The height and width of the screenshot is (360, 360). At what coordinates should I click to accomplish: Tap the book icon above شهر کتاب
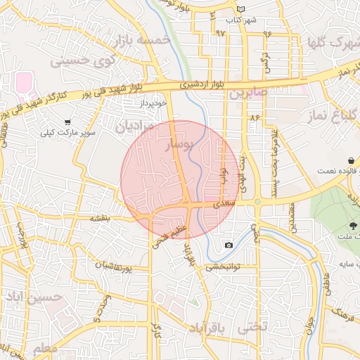pyautogui.click(x=242, y=9)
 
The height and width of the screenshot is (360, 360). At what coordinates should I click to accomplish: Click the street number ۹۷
pyautogui.click(x=221, y=33)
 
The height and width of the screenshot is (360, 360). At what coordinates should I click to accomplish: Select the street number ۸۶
pyautogui.click(x=254, y=117)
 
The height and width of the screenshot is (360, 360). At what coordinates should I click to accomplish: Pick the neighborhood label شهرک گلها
pyautogui.click(x=333, y=43)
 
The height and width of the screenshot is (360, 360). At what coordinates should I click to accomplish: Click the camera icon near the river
pyautogui.click(x=229, y=245)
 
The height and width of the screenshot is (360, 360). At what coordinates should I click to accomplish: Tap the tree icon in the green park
pyautogui.click(x=352, y=225)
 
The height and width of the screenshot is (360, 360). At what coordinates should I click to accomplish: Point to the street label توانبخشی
pyautogui.click(x=223, y=267)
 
